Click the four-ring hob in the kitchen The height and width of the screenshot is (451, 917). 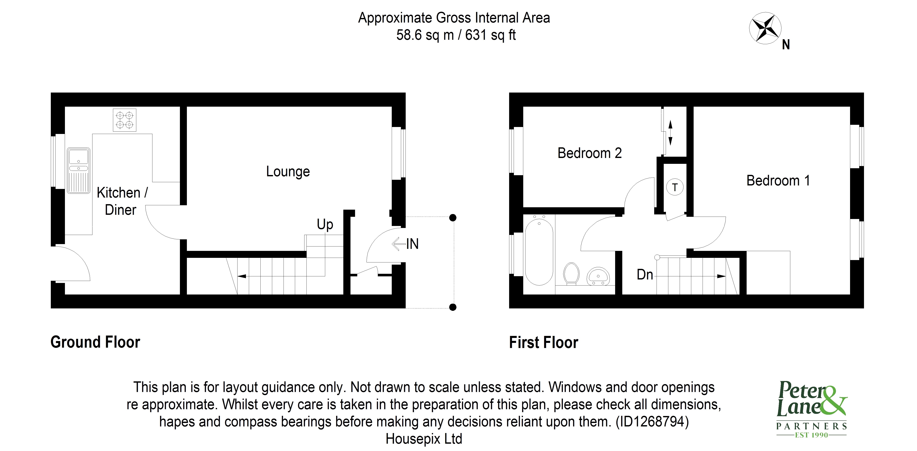coord(125,120)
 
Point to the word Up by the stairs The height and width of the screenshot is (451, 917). coord(325,224)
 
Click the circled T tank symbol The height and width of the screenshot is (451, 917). coord(675,187)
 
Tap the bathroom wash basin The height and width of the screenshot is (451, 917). coord(598,276)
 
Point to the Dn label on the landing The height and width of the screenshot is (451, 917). coord(645,275)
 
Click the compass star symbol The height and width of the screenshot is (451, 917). coord(765,28)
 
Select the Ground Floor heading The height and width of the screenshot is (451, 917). coord(95,342)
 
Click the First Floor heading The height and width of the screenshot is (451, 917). coord(544,343)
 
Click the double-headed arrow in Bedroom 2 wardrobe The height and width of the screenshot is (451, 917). coord(670,133)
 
